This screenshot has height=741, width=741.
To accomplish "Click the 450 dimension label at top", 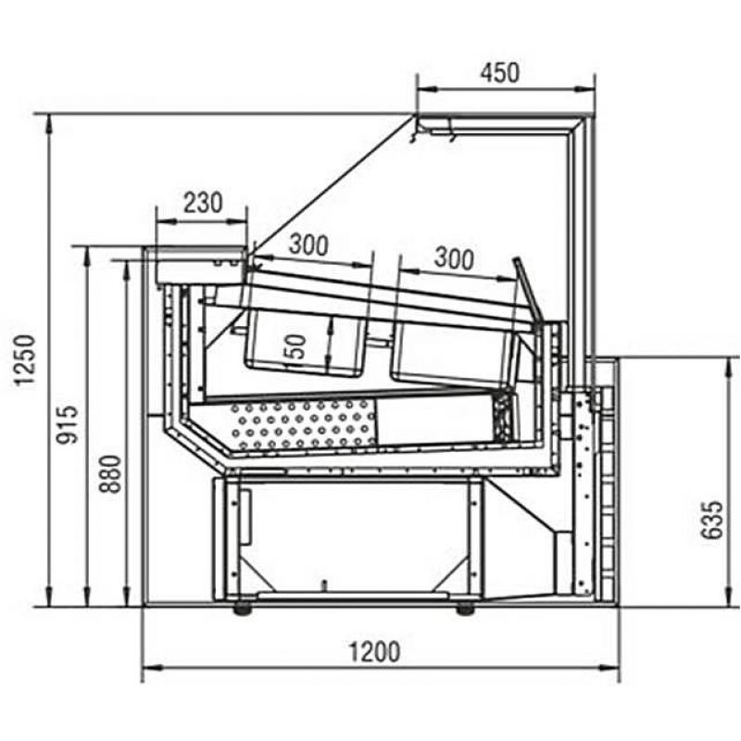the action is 500,73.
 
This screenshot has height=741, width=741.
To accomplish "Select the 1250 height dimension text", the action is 25,360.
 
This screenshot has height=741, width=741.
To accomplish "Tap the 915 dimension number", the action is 67,424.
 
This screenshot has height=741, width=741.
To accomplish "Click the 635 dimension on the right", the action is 711,520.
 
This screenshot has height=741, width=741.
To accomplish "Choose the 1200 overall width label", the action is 374,652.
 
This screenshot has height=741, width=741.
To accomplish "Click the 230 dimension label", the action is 203,202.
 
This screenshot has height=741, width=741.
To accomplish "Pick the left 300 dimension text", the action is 308,245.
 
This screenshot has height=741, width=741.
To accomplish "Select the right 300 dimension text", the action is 454,258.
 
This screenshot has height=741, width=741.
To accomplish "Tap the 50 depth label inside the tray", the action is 295,346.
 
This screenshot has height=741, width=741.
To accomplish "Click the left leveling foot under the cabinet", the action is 243,609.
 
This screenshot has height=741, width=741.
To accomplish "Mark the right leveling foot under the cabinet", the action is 465,609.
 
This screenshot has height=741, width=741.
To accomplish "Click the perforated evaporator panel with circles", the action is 303,424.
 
